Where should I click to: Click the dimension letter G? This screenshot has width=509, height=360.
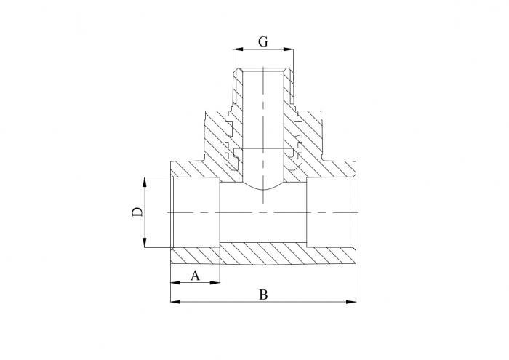pos(263,41)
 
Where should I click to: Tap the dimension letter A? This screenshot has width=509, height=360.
pos(194,275)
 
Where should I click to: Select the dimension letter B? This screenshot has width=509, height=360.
pos(263,295)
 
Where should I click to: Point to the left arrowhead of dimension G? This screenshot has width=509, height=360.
pos(236,50)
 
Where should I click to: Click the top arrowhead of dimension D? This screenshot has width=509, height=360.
pos(146,180)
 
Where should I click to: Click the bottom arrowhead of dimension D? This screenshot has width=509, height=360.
pos(146,244)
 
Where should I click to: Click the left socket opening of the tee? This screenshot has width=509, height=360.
pos(195,212)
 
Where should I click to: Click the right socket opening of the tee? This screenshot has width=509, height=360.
pos(331,212)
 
